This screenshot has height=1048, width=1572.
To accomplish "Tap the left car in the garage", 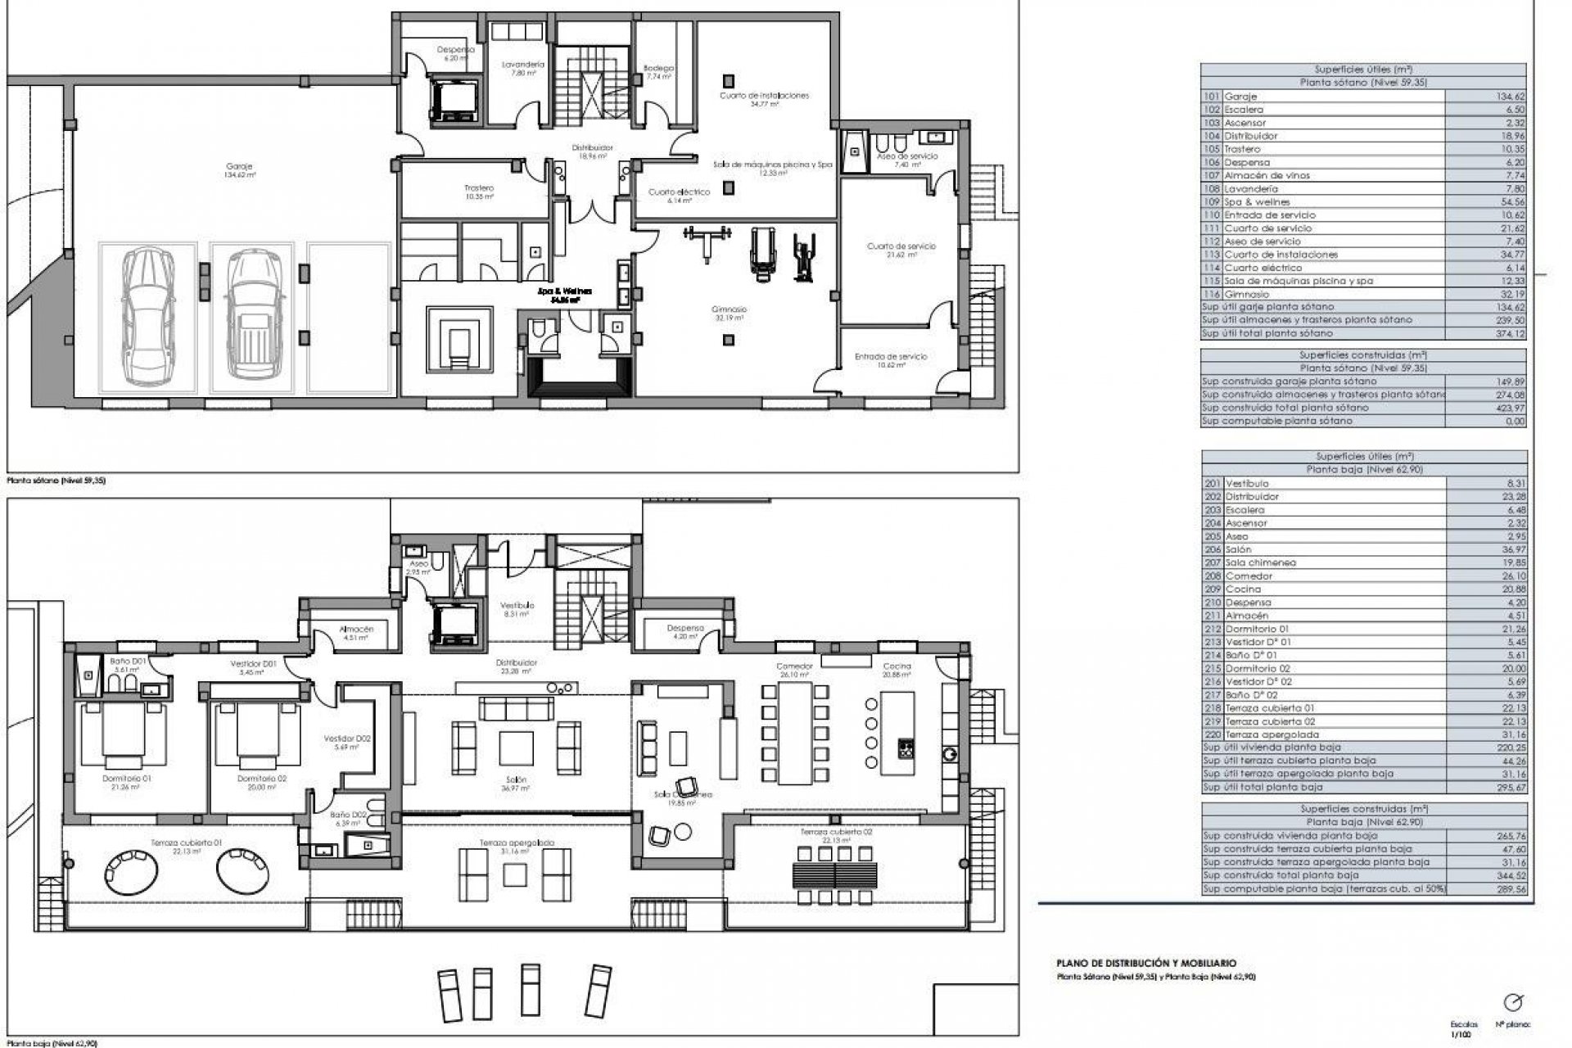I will (148, 316).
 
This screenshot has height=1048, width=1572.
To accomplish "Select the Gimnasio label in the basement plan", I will (728, 309).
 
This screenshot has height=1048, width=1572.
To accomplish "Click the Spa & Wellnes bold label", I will (564, 291).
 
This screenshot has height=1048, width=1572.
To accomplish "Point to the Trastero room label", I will (478, 187).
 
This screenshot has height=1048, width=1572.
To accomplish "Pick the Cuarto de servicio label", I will (901, 246).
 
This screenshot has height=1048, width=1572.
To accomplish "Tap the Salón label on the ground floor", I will (516, 779).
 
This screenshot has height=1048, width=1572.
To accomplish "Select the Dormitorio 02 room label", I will (262, 779).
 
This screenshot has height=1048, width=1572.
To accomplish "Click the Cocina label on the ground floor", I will (897, 666).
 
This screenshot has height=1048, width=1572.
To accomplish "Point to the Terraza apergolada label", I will (517, 842).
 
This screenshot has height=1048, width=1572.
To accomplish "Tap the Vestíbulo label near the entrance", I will (517, 604).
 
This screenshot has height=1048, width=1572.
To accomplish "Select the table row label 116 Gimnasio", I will (1247, 294).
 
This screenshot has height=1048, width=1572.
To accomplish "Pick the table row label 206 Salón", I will (1237, 549).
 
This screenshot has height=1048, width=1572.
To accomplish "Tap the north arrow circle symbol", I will (1514, 1002).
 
